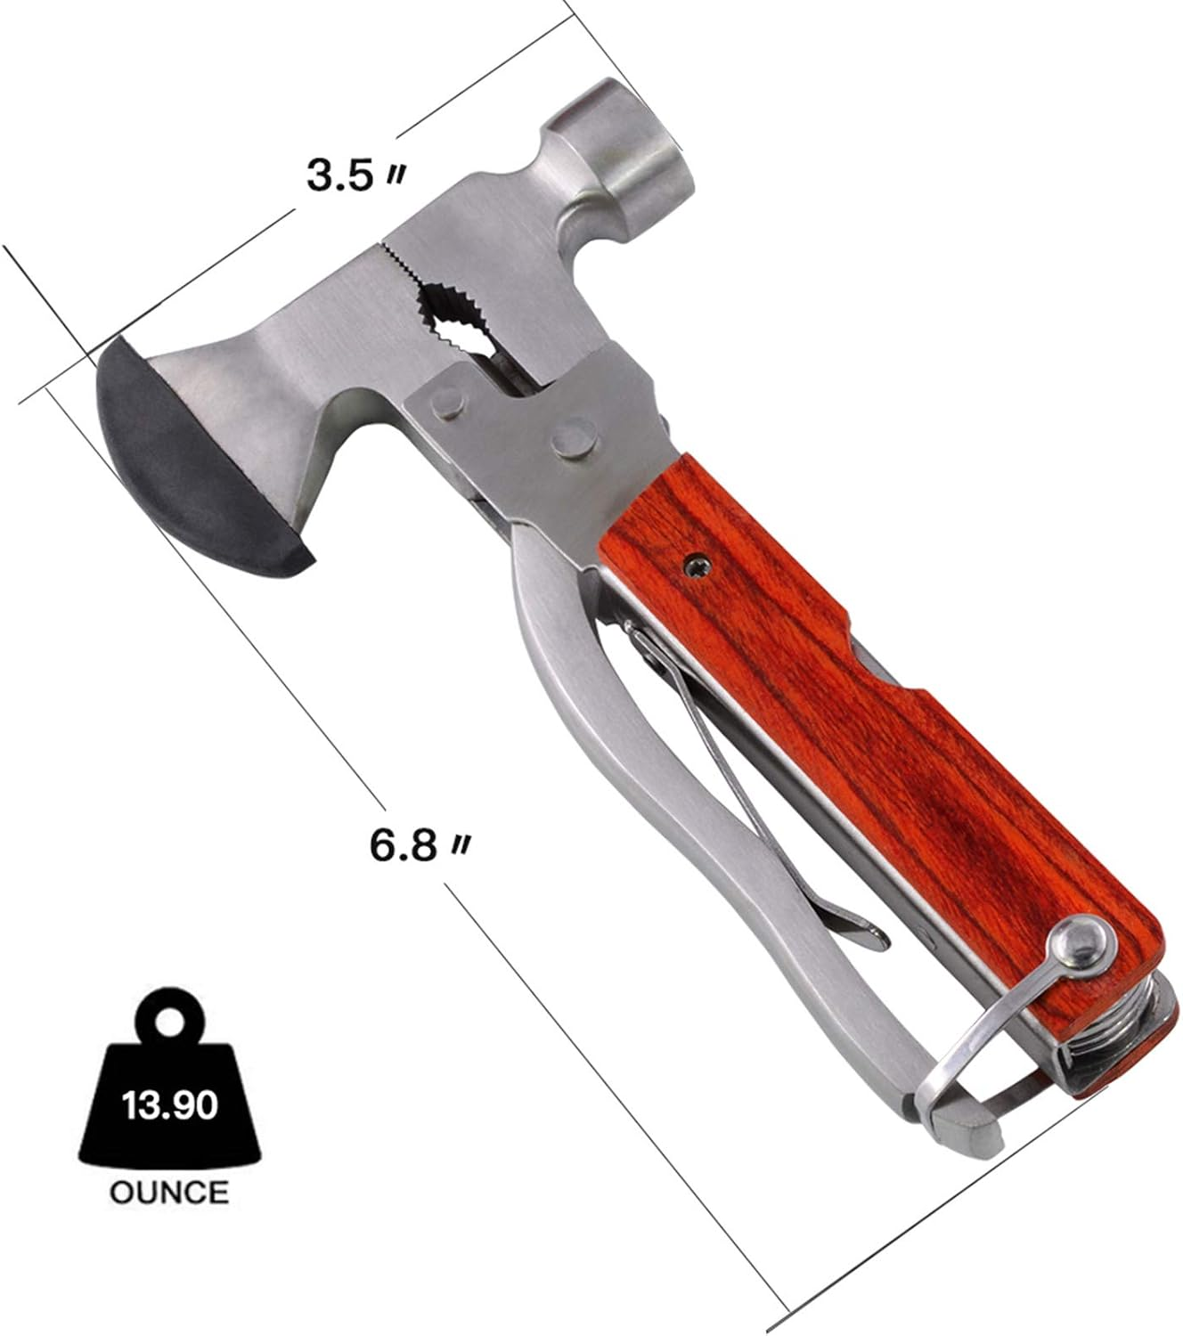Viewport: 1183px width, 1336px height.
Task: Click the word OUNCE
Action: pos(169,1191)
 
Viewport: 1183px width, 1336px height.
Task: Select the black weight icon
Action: pos(169,1096)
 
